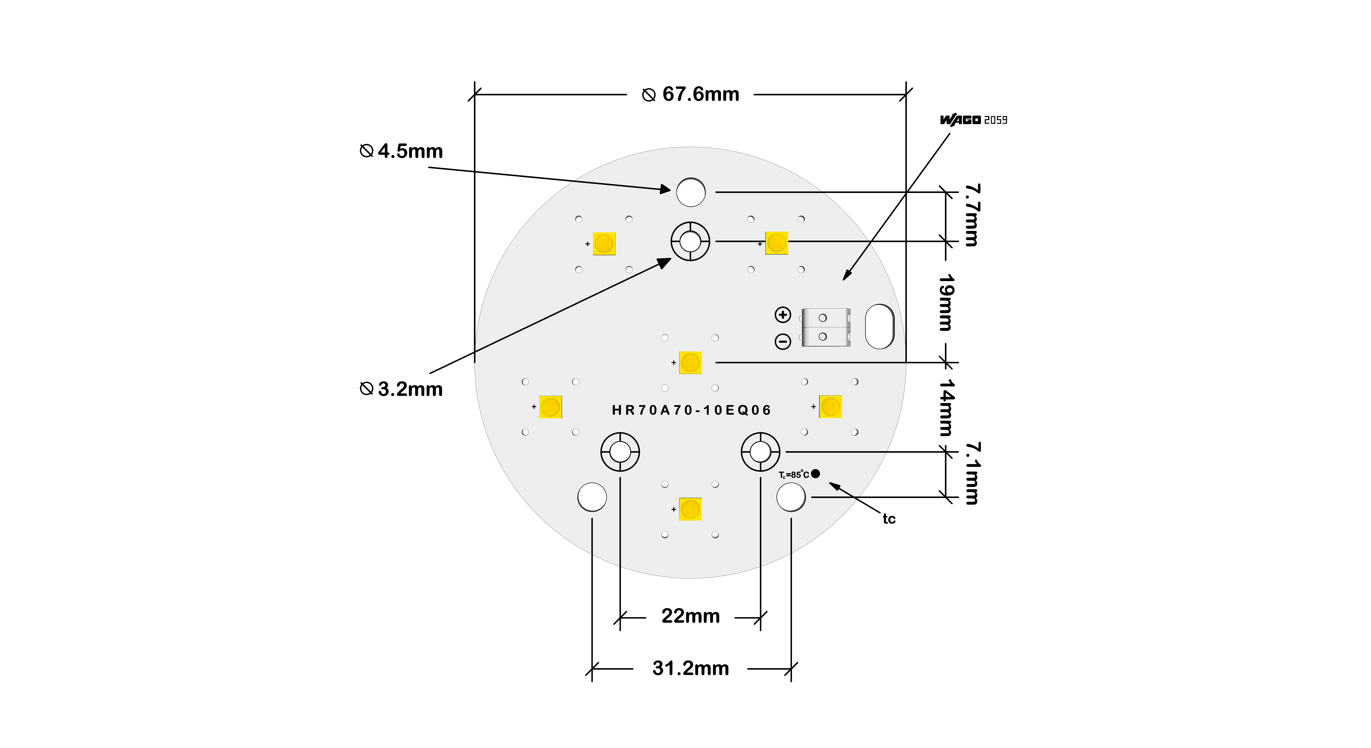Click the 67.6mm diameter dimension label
click(x=691, y=95)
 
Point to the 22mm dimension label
click(x=690, y=616)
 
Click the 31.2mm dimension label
click(x=690, y=668)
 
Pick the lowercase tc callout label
click(x=889, y=519)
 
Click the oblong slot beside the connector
click(x=880, y=327)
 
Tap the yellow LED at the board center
click(x=690, y=363)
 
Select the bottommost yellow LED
click(x=690, y=509)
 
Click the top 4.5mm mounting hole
click(x=691, y=192)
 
